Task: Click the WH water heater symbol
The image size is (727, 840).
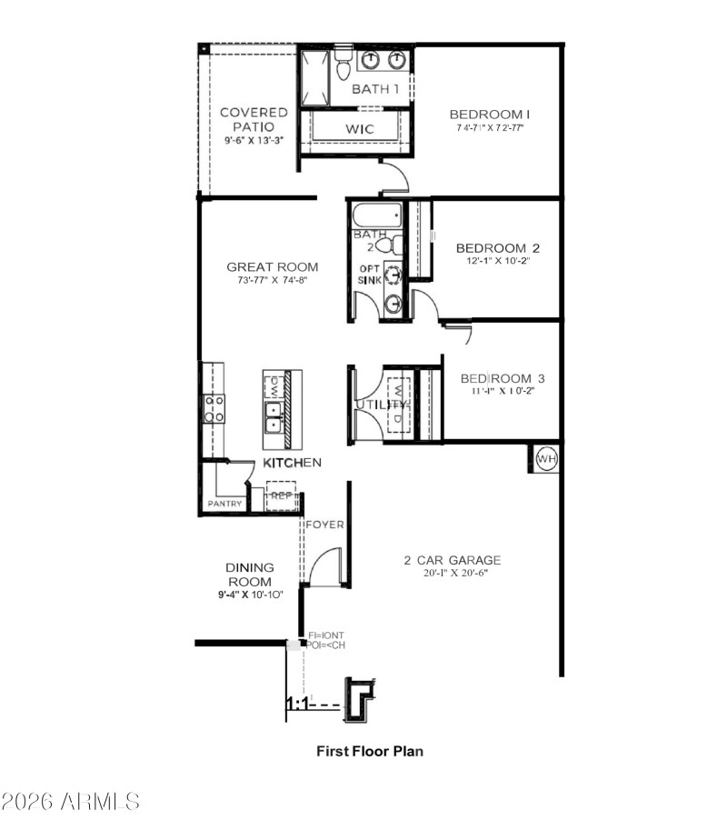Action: click(x=545, y=460)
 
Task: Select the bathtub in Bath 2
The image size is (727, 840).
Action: click(x=375, y=216)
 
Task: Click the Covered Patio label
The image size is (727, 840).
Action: click(x=254, y=119)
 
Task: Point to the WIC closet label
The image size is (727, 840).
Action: click(x=359, y=129)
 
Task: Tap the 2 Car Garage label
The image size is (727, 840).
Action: click(x=452, y=560)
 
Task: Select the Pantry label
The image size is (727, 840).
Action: click(x=224, y=503)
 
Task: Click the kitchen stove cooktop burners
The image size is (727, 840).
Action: click(x=214, y=409)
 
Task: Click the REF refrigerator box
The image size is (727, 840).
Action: click(x=281, y=497)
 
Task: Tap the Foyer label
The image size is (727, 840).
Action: click(x=324, y=525)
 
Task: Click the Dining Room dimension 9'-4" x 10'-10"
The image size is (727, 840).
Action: click(x=250, y=595)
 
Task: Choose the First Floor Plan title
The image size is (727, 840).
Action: click(x=369, y=751)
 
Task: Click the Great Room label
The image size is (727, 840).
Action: click(x=273, y=266)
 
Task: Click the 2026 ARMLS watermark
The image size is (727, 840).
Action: click(x=71, y=801)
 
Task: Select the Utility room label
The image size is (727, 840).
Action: click(x=374, y=404)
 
